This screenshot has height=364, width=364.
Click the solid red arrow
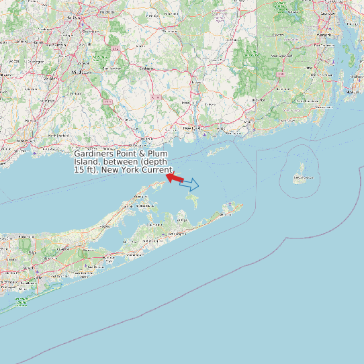(175, 178)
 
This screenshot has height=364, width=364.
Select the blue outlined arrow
(190, 184)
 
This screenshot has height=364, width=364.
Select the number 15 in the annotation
(79, 170)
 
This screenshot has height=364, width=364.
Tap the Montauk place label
(229, 214)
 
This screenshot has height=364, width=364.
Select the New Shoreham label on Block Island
(304, 179)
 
